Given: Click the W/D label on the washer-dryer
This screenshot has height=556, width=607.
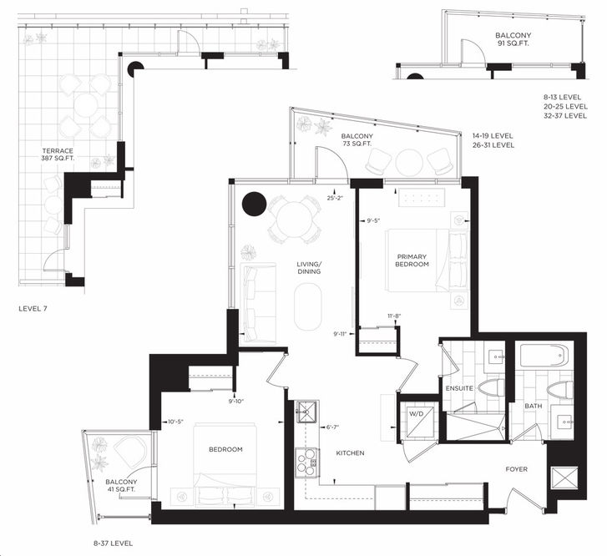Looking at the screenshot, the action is (417, 413).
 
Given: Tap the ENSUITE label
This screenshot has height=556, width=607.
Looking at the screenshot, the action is (459, 388).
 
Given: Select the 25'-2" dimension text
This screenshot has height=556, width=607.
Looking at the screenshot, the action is (335, 198).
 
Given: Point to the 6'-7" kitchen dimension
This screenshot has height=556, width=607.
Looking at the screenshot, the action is (332, 427).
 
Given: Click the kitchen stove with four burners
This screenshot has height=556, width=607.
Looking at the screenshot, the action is (306, 463).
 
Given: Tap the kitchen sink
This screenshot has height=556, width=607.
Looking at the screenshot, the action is (306, 412).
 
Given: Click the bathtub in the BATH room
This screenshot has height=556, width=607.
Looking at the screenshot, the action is (544, 356).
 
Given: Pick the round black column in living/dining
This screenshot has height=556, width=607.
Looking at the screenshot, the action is (254, 204).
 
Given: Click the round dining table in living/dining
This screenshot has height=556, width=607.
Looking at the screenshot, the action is (294, 220).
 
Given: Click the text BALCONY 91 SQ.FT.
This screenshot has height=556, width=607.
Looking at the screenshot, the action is (513, 39).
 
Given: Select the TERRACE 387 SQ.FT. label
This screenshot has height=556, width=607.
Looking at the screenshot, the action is (58, 154).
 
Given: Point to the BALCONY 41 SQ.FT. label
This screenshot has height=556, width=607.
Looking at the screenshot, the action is (121, 486).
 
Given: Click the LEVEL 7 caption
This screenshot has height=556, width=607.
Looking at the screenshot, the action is (33, 309).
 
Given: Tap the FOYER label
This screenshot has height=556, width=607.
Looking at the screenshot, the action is (517, 469).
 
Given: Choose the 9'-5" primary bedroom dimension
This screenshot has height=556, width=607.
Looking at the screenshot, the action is (373, 220).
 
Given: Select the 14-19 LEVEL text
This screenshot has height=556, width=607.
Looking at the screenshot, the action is (493, 136).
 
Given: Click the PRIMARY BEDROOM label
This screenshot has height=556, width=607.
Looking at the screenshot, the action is (412, 260).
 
